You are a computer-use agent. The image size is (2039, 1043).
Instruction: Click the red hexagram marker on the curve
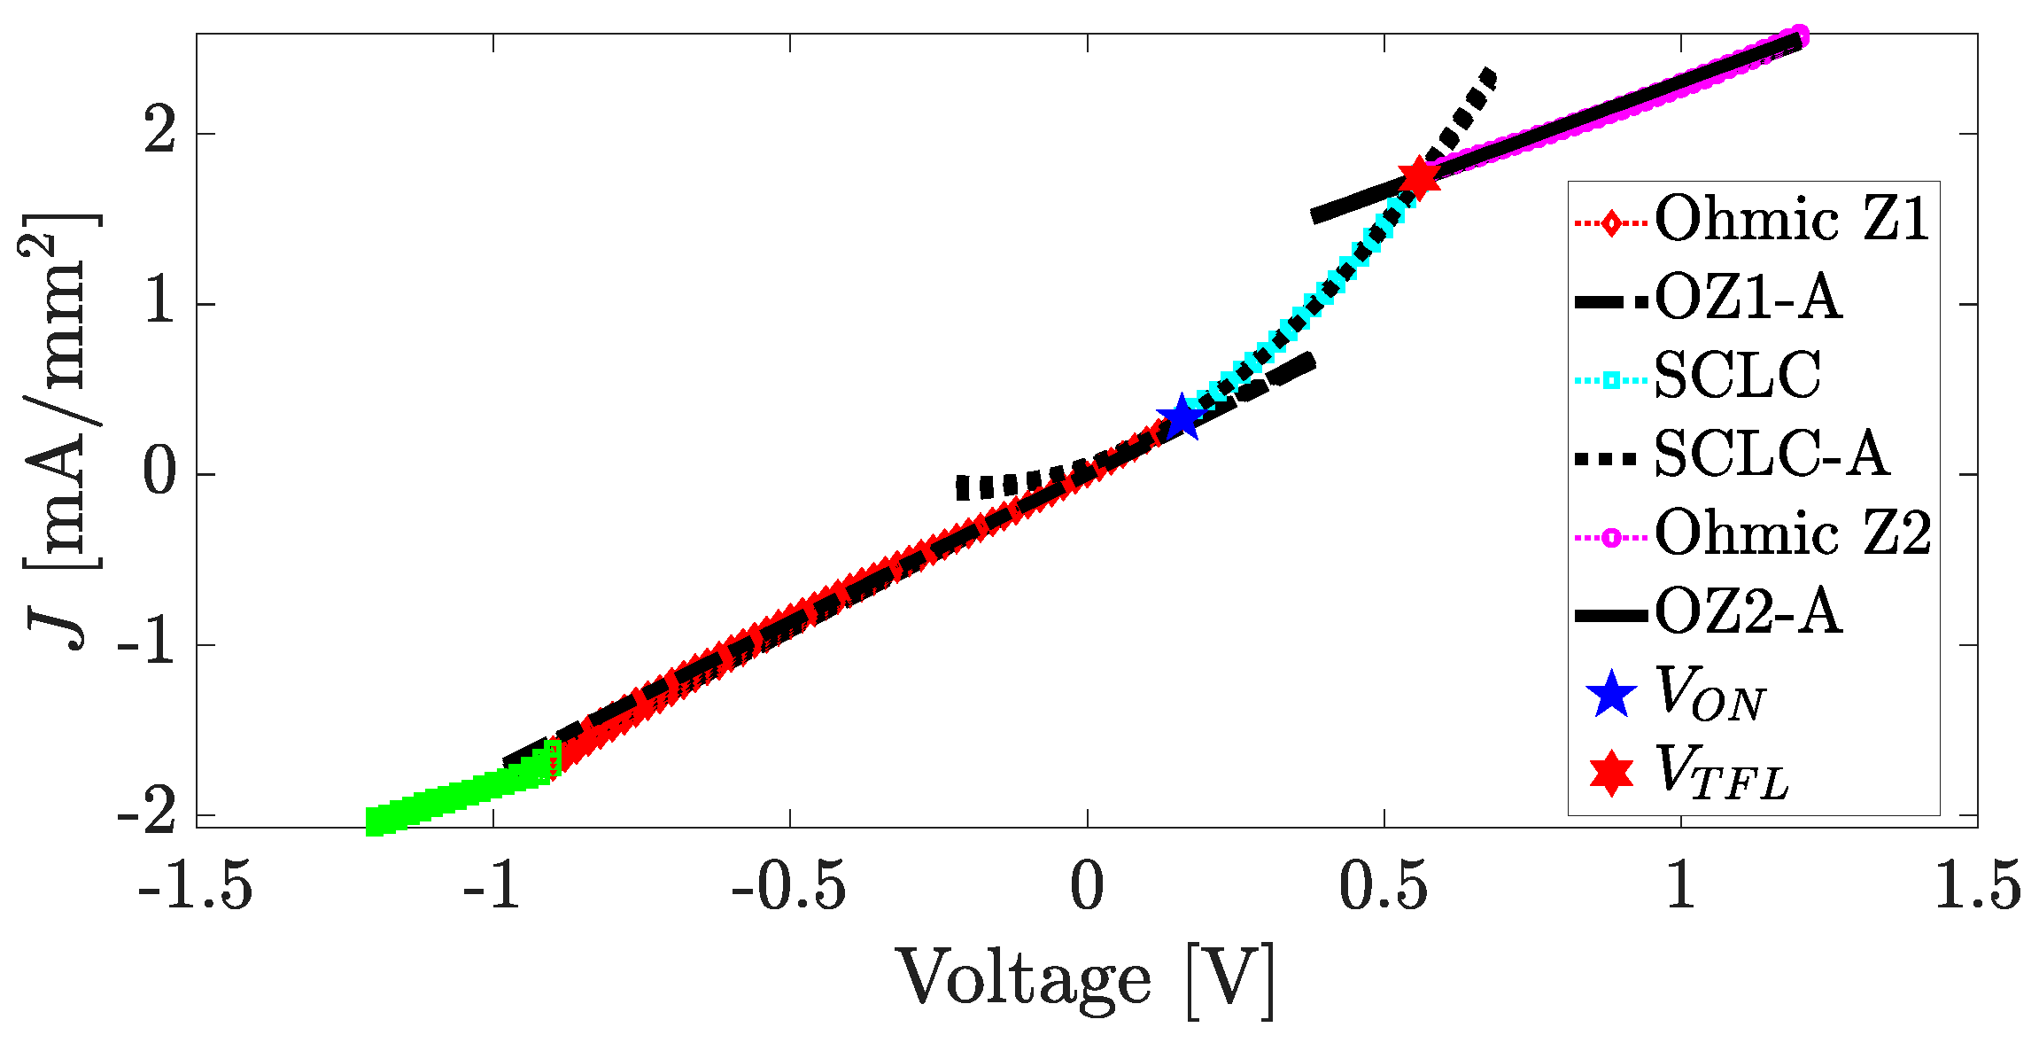coord(1419,177)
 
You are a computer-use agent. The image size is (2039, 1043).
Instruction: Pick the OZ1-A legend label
coord(1748,298)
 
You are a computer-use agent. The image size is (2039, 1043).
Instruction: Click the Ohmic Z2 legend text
coord(1793,533)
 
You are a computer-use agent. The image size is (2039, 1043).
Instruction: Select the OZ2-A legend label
coord(1748,612)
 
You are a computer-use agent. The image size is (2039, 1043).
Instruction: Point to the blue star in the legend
coord(1611,694)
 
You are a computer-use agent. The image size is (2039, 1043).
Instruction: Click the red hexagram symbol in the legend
coord(1611,773)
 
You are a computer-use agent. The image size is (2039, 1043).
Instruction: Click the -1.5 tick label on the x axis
coord(196,886)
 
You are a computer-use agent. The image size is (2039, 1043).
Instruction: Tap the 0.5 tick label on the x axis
coord(1383,886)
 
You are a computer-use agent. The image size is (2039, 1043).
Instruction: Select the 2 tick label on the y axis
coord(159,134)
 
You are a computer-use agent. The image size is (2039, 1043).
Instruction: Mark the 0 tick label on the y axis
coord(159,474)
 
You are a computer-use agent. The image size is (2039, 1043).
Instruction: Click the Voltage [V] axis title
coord(1087,981)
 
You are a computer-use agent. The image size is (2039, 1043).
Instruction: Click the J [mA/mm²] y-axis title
coord(62,431)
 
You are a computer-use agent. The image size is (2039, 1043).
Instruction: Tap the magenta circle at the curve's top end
coord(1799,36)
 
